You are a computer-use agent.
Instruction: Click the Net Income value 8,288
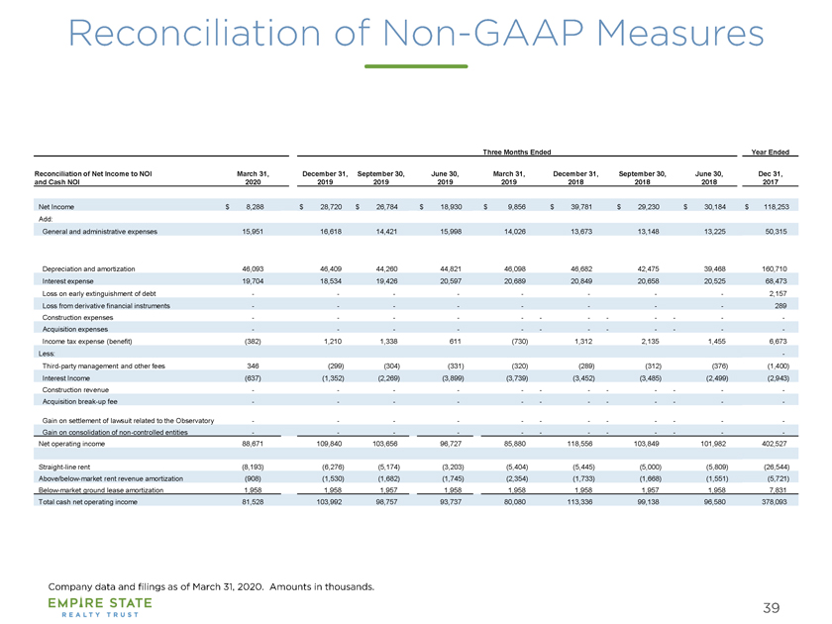pos(255,207)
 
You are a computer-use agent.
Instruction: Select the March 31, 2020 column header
pos(253,177)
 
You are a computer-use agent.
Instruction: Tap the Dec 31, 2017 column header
pos(771,177)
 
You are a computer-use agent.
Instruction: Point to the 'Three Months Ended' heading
pos(517,153)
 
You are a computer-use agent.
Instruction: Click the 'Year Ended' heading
pos(770,153)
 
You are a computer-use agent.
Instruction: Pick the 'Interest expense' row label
pos(68,281)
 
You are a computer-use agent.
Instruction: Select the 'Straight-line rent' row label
pos(64,467)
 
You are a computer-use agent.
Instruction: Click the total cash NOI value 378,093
pos(775,501)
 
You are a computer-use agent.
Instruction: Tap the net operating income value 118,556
pos(579,444)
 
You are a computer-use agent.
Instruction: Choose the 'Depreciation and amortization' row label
pos(88,269)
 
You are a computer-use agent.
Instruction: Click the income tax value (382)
pos(253,341)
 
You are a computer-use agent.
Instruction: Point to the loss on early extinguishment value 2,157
pos(778,293)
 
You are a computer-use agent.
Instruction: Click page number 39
pos(772,607)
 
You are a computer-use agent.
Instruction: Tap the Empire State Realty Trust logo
pos(100,607)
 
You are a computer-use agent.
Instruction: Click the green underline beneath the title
pos(416,66)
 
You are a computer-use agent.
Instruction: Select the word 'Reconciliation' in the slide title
pos(194,34)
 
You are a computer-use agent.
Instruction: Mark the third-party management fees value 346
pos(253,366)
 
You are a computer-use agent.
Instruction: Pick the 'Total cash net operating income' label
pos(87,501)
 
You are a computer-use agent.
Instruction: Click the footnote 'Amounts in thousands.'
pos(322,586)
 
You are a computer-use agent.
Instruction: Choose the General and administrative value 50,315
pos(776,232)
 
